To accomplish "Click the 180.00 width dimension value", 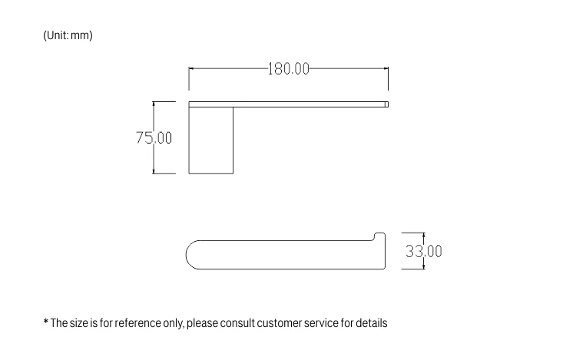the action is point(288,69).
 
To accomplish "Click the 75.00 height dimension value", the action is point(154,138).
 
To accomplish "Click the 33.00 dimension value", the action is point(424,251).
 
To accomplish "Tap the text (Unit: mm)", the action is point(68,35).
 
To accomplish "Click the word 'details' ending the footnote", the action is point(371,323).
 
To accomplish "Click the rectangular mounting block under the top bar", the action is point(211,140).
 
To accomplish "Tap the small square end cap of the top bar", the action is point(386,104).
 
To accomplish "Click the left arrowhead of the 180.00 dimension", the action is point(191,69).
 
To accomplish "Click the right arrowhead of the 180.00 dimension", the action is point(386,69).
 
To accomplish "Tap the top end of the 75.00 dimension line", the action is point(154,102).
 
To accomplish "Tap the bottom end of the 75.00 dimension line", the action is point(154,173).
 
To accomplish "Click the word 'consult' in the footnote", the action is point(242,323).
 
